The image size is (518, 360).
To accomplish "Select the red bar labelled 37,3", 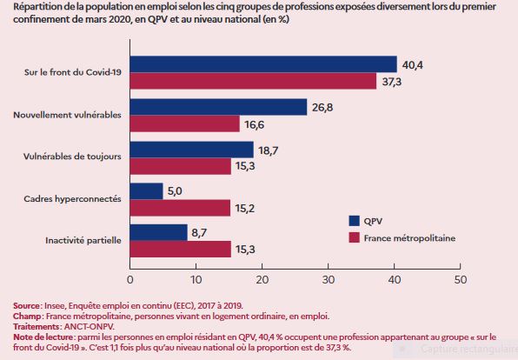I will point(252,81).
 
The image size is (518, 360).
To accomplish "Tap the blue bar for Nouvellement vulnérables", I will point(218,107).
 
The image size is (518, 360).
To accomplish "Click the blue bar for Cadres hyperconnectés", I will point(146,190).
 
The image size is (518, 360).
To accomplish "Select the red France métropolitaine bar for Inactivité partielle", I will point(180,250).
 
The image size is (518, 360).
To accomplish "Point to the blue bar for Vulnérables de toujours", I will point(191,149).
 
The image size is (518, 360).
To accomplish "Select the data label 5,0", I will point(176,190).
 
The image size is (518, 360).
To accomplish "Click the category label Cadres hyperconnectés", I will point(72,199).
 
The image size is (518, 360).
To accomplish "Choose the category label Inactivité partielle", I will point(83,241).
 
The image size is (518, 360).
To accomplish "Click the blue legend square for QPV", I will point(354,220).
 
